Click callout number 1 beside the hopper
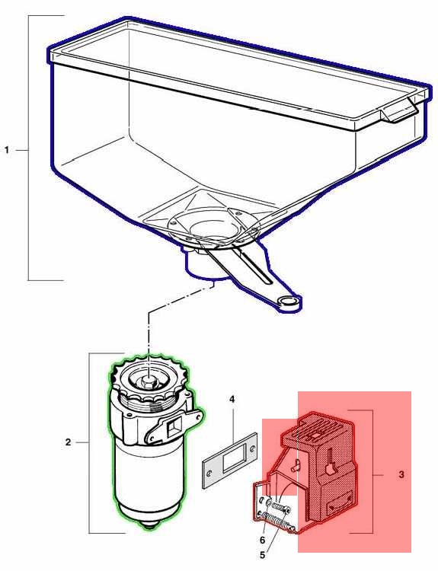click(7, 150)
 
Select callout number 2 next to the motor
click(68, 442)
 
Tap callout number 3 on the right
click(401, 474)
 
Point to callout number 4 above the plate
click(232, 399)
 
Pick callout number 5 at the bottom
click(262, 556)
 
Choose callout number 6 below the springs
click(262, 540)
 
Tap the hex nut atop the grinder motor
click(148, 381)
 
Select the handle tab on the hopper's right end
click(398, 109)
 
